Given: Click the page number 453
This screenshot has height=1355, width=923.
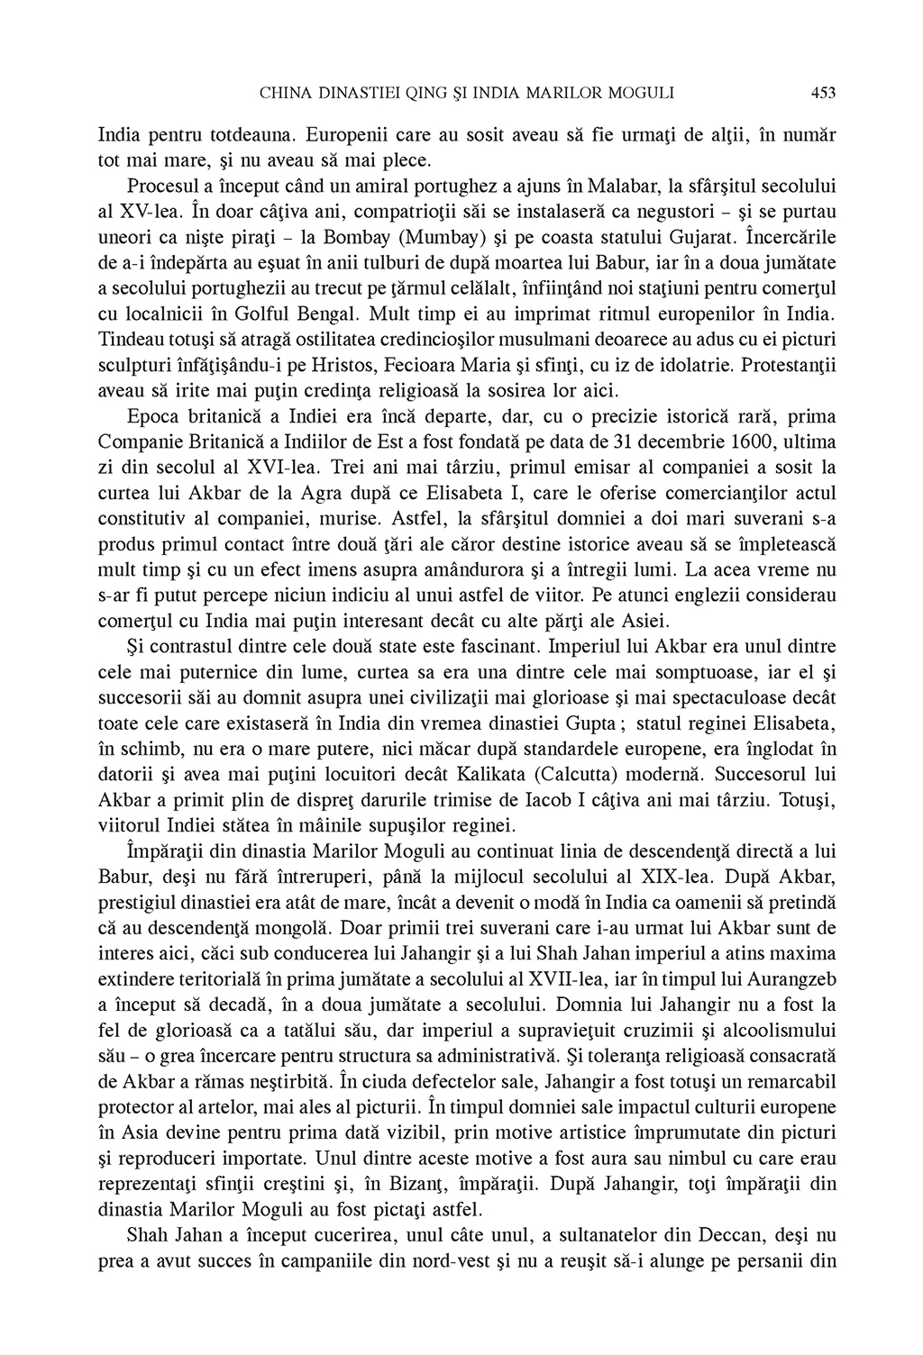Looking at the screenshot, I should pos(824,92).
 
